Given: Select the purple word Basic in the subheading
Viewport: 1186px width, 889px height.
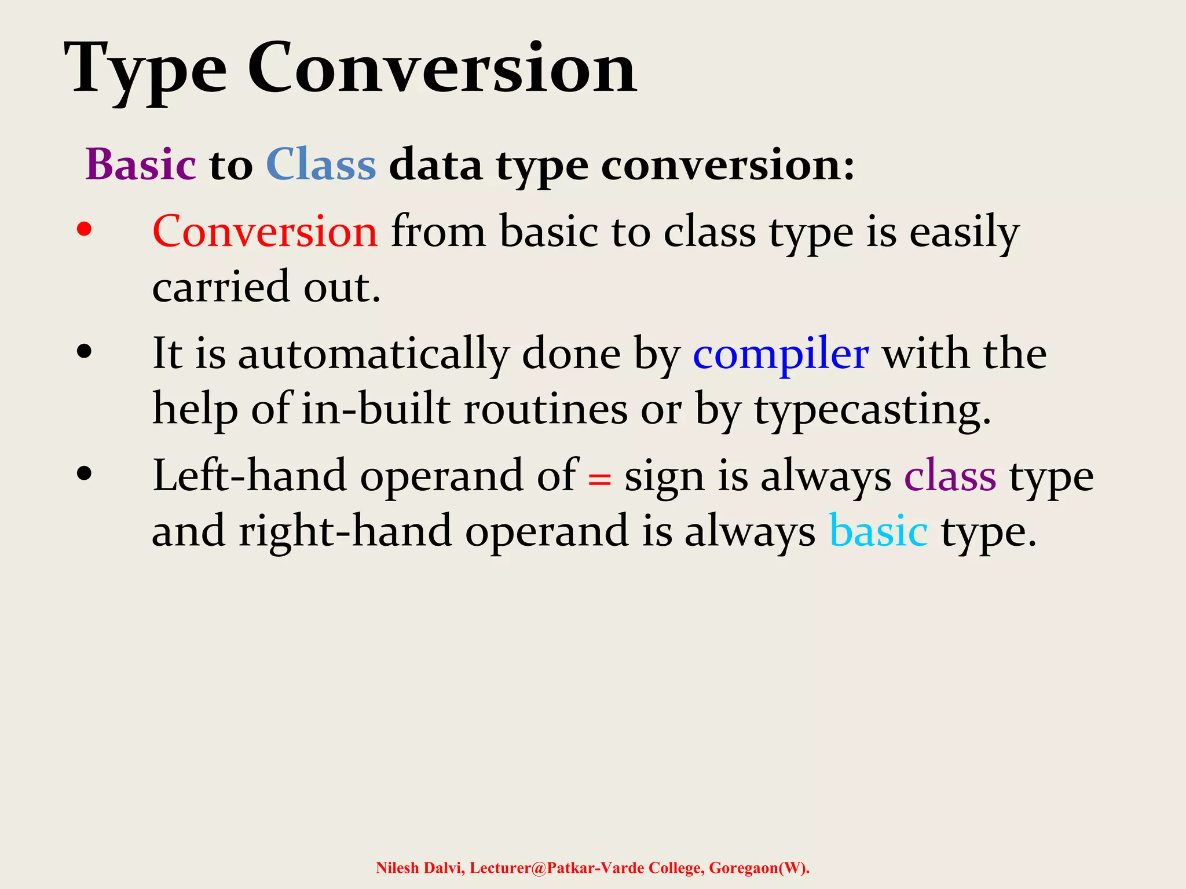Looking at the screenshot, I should point(141,165).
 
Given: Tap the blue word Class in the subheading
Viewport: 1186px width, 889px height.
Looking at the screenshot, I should point(321,165).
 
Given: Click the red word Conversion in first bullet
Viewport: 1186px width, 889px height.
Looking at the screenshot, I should point(265,232).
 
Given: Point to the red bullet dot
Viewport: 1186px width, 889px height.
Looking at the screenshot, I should point(84,230).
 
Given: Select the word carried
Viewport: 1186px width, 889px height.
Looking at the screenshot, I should point(221,287).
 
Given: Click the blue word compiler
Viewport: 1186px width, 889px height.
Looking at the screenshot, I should point(781,354).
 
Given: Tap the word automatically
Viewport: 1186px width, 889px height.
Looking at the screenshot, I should point(374,354).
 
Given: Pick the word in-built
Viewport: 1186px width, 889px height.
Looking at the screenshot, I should point(376,409).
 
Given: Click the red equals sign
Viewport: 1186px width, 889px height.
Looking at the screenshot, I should point(599,479).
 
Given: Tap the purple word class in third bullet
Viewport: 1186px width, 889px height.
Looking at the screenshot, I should point(950,476).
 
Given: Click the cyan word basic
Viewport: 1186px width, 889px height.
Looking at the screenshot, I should point(878,531).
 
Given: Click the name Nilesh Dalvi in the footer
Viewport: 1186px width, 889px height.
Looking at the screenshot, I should point(419,868).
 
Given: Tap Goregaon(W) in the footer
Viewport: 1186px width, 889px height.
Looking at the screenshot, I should point(759,868).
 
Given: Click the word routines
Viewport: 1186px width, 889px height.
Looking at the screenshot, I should point(546,409).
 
